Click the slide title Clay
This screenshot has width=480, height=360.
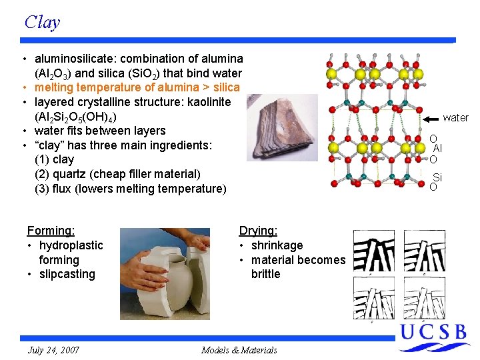click(42, 22)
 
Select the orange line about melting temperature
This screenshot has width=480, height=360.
click(137, 87)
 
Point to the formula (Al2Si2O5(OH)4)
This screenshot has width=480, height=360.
click(77, 117)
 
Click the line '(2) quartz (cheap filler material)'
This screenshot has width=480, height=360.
click(117, 174)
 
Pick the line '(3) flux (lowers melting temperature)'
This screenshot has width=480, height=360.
click(130, 189)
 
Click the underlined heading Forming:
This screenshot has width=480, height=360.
click(51, 231)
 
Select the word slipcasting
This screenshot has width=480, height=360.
click(67, 274)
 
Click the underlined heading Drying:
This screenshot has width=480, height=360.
click(258, 231)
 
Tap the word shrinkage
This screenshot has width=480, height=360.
click(277, 245)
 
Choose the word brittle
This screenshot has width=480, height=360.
click(266, 274)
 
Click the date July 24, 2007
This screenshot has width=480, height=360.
click(53, 350)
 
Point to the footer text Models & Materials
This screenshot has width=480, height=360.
click(239, 350)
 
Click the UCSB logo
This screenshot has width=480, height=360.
click(433, 337)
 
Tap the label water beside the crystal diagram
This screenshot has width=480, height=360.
click(455, 117)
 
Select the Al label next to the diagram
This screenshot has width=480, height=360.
click(437, 149)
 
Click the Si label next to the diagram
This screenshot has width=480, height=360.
click(437, 177)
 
